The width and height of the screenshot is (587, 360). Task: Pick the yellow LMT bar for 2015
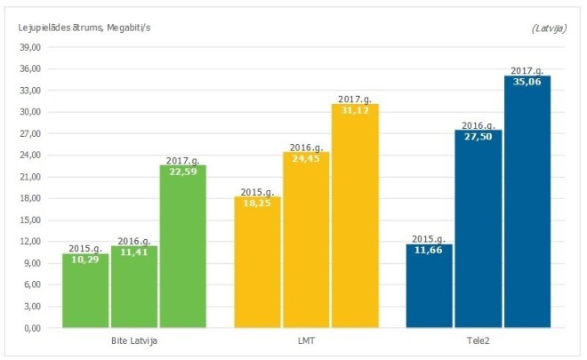point(258,263)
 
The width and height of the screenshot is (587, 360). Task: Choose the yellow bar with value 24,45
point(306,241)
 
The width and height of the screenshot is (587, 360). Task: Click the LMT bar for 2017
point(355,217)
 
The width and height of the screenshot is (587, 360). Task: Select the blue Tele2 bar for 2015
point(430,286)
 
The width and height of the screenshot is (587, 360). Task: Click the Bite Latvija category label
point(134,341)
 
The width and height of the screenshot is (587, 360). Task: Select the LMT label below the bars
point(307,341)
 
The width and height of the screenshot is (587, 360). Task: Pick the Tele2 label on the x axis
point(478,341)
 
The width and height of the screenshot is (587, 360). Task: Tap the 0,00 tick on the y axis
point(33,327)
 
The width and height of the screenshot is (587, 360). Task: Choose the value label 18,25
point(258,203)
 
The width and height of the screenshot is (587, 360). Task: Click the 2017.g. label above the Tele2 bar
point(527,70)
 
